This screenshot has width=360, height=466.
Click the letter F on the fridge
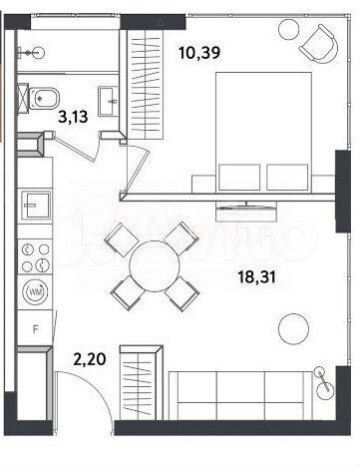[x=36, y=328]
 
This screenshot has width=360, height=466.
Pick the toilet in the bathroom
[x=44, y=100]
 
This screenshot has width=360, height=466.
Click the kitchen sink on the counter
[x=36, y=204]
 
